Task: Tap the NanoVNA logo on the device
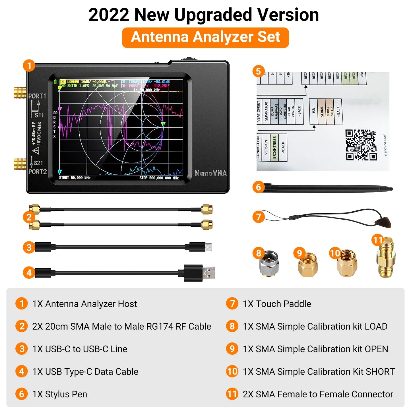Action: click(x=211, y=173)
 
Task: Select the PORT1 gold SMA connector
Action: click(x=20, y=93)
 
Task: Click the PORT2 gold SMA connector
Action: click(x=20, y=164)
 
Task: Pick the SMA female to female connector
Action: click(x=385, y=257)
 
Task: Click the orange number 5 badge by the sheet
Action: click(x=258, y=71)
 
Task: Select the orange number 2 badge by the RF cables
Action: click(x=29, y=217)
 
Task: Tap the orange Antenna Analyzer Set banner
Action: click(x=205, y=37)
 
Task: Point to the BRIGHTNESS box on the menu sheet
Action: click(x=274, y=147)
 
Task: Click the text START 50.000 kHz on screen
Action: click(x=75, y=178)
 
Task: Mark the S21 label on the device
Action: click(x=38, y=163)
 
